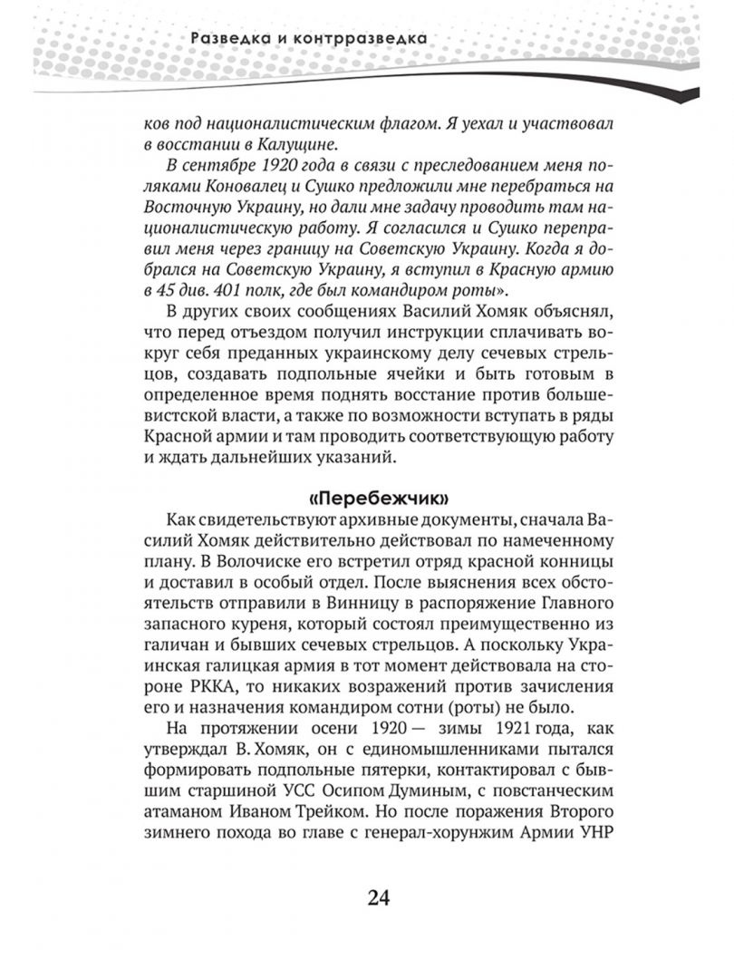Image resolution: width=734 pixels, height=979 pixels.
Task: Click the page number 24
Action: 378,897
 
